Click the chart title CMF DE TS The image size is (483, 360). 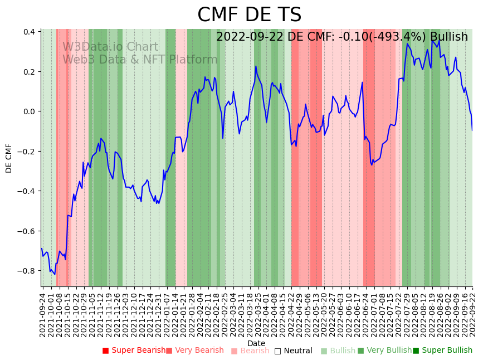coord(249,15)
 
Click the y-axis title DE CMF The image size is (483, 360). coord(9,158)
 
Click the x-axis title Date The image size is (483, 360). coord(256,343)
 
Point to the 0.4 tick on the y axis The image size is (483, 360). coord(30,32)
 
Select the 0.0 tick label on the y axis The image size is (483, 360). coord(30,111)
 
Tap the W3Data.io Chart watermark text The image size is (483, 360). coord(110,47)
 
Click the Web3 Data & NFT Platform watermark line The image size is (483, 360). coord(140,60)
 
